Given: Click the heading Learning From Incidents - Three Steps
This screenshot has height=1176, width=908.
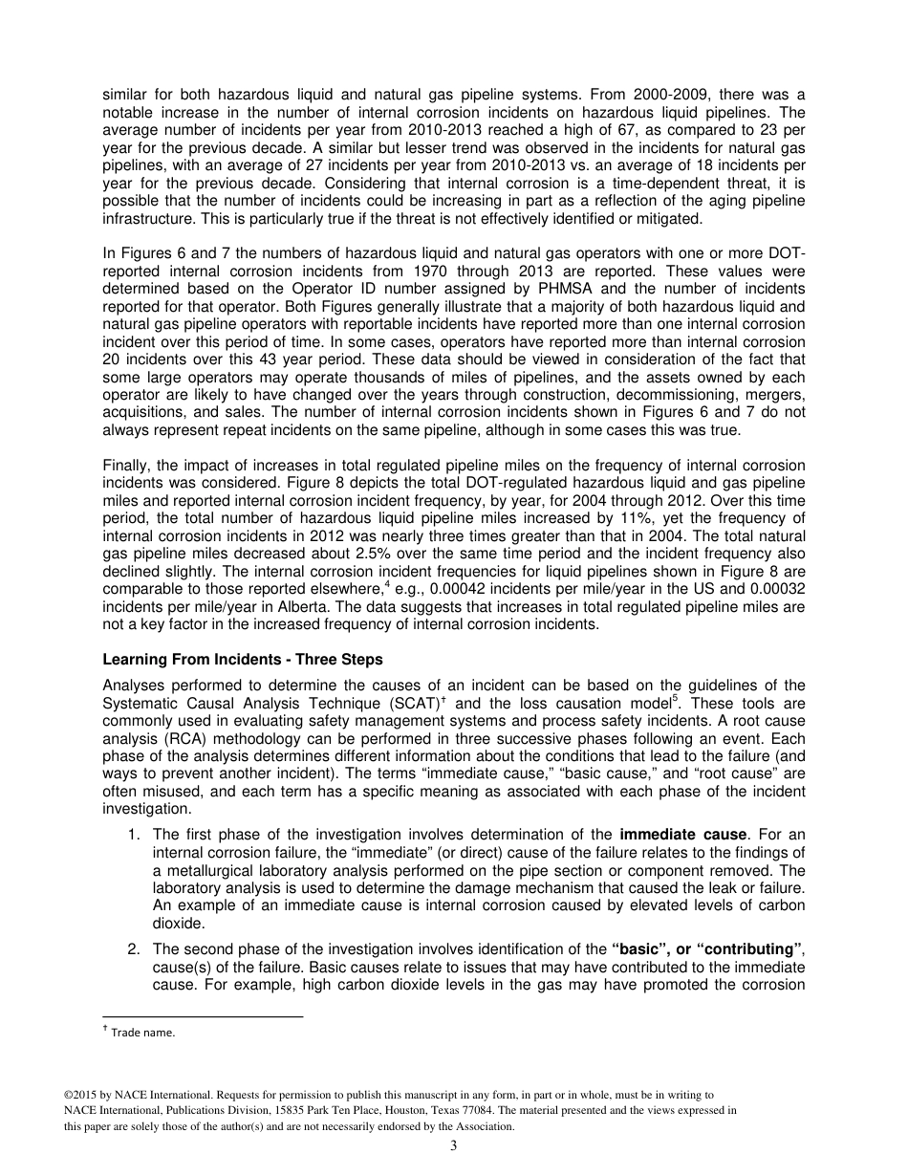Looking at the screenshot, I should point(242,660).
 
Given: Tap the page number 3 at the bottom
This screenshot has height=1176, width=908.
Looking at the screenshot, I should point(453,1146).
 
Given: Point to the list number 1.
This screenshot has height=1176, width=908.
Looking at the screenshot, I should point(133,835).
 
